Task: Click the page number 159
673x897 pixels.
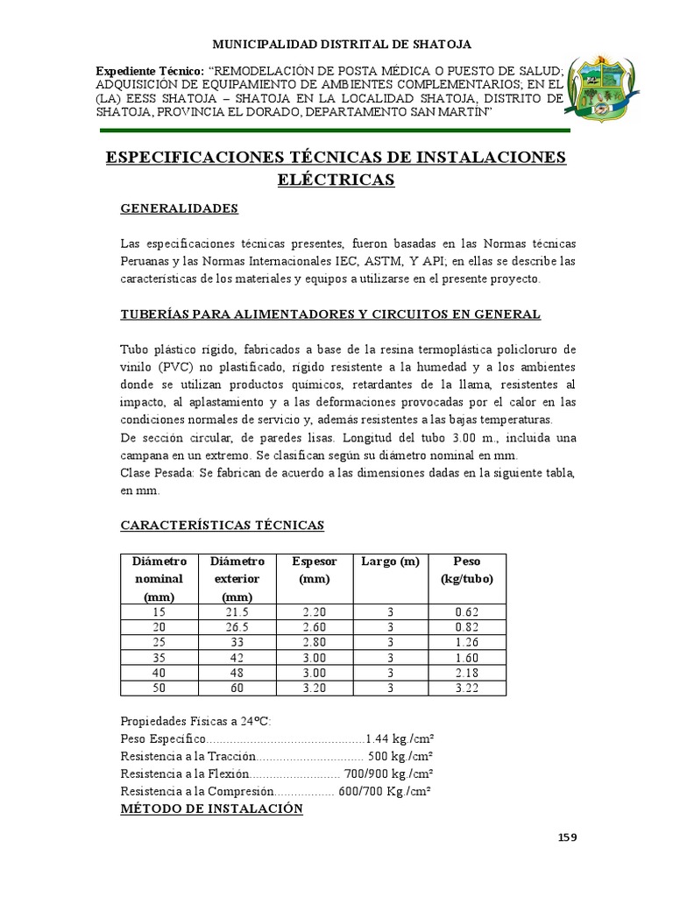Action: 568,837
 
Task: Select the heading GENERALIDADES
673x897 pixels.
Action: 179,208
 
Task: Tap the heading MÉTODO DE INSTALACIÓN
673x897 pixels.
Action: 211,809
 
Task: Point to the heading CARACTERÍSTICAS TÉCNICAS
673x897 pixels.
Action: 222,525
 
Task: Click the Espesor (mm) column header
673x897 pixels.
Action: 313,569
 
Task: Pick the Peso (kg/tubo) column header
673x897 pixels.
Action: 466,569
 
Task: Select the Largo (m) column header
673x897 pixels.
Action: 390,561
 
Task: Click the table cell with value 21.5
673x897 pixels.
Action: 237,611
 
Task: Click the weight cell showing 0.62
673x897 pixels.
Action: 466,611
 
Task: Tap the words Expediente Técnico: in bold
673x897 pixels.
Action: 149,68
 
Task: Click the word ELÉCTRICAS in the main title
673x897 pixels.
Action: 336,180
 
